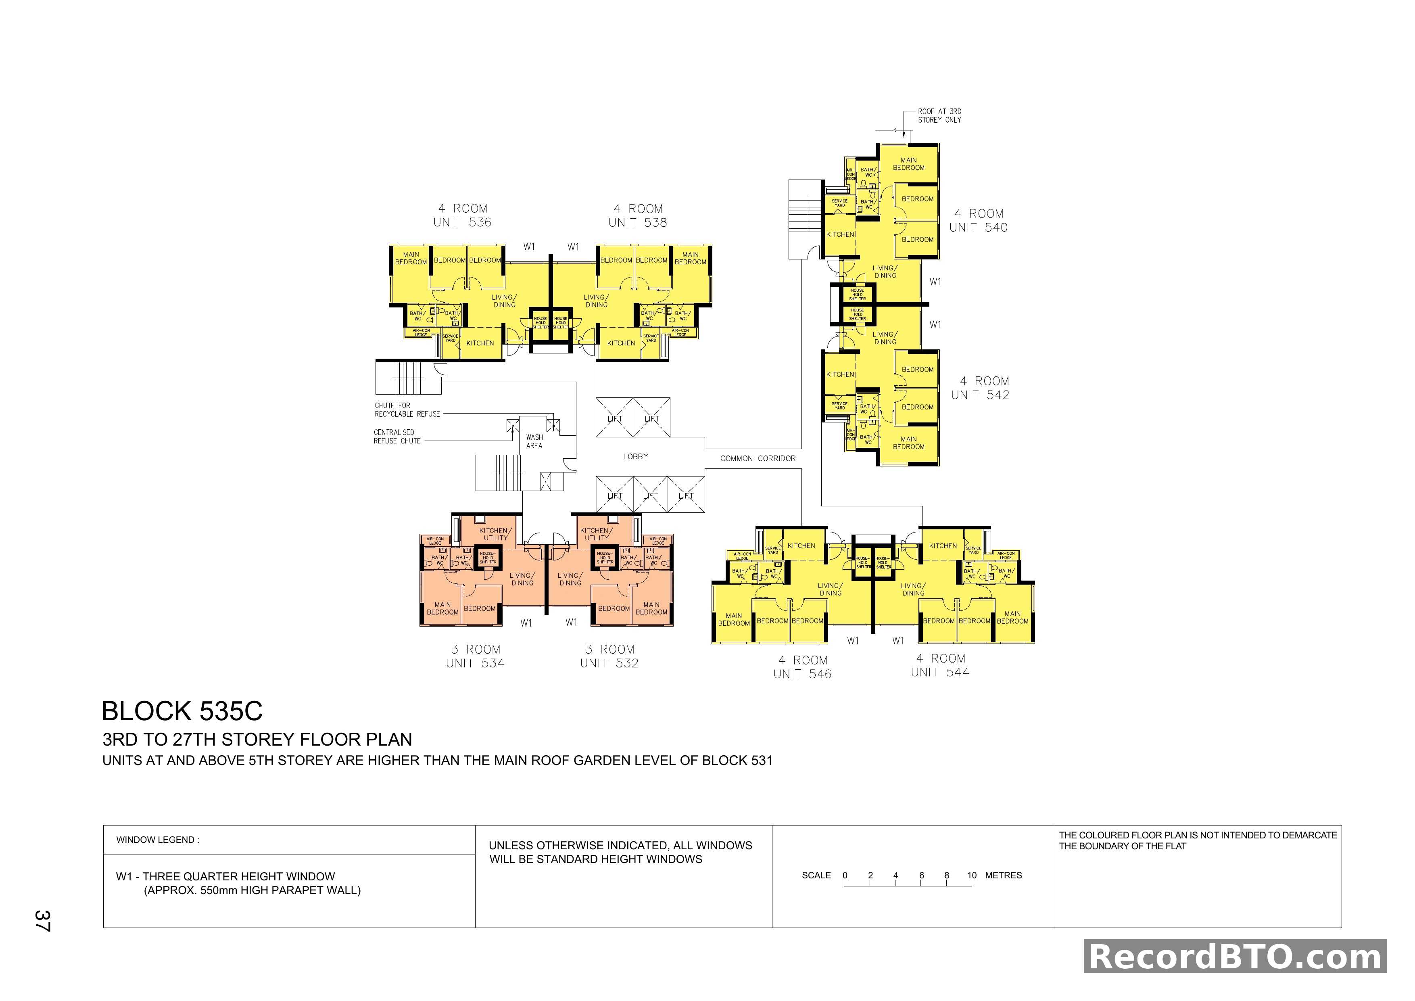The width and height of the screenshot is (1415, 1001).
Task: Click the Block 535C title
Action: tap(182, 711)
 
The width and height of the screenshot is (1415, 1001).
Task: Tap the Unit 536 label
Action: tap(462, 216)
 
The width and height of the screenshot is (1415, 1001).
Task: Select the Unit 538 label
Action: tap(638, 216)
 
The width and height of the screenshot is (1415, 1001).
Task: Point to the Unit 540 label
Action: tap(979, 221)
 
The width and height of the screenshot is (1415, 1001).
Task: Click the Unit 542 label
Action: tap(981, 388)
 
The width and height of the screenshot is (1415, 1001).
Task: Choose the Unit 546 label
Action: tap(802, 668)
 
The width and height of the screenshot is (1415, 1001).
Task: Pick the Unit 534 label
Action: tap(475, 656)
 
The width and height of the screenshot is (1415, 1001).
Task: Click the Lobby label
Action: tap(635, 457)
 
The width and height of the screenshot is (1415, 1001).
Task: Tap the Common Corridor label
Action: tap(758, 459)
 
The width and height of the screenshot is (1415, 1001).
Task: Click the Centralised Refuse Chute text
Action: tap(397, 437)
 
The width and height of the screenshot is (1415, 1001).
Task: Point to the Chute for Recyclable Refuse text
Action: tap(407, 410)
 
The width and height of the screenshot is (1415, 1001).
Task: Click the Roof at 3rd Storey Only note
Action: tap(939, 116)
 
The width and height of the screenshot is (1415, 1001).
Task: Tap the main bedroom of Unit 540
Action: tap(908, 164)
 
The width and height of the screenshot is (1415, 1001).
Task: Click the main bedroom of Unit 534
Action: tap(442, 608)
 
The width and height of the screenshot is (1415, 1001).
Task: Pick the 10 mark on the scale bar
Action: tap(972, 875)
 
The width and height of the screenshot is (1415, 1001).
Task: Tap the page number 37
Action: tap(42, 920)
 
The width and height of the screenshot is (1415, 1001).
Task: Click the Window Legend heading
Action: tap(158, 840)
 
